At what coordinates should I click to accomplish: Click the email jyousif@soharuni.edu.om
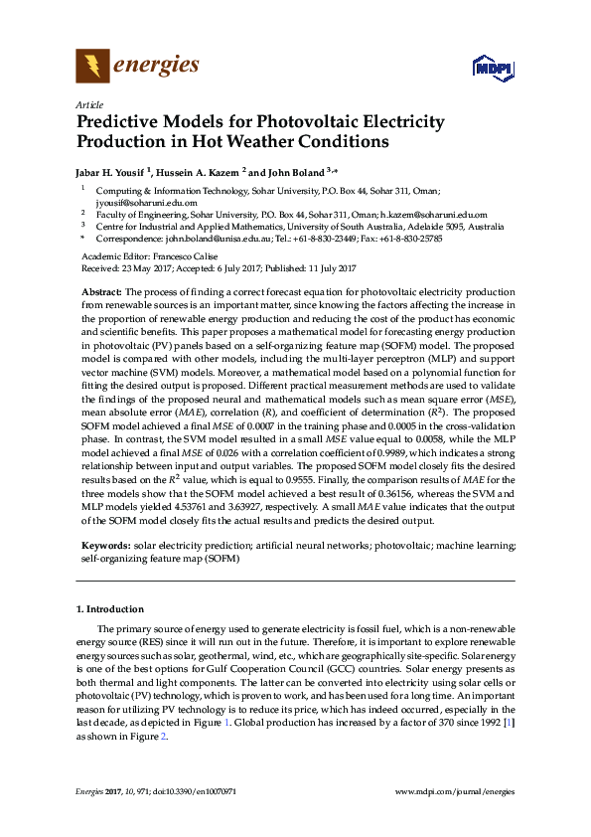coord(140,201)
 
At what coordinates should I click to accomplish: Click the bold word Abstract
coord(100,292)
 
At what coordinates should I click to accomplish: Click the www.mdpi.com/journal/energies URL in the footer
coord(454,791)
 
